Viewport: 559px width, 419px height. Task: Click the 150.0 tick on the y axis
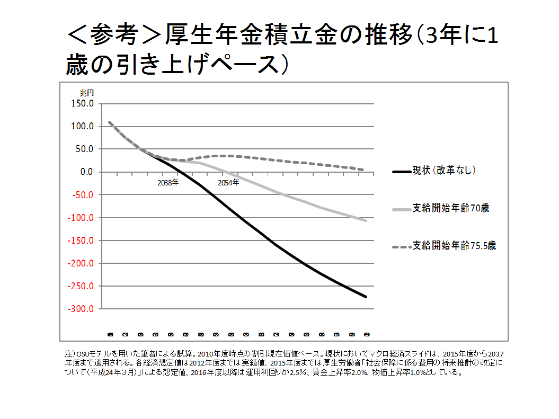(81, 103)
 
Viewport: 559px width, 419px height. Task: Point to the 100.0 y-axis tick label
(81, 126)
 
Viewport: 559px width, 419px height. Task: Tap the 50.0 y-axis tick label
(83, 149)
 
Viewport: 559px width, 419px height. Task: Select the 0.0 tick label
(85, 172)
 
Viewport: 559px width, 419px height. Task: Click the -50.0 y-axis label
(82, 194)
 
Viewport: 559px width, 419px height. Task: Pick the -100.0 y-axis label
(80, 217)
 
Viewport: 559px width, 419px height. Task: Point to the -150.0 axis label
(80, 240)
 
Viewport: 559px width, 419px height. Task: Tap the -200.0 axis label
(80, 263)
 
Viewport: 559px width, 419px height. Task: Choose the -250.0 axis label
(80, 286)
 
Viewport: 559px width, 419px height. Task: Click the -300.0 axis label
(80, 308)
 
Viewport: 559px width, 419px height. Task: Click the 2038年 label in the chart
(168, 183)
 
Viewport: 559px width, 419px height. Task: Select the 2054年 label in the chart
(228, 183)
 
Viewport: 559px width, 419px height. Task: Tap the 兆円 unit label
(86, 93)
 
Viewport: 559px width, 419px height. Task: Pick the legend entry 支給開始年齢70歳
(450, 208)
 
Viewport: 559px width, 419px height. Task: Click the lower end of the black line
(366, 296)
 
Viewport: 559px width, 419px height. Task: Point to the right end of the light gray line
(366, 220)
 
